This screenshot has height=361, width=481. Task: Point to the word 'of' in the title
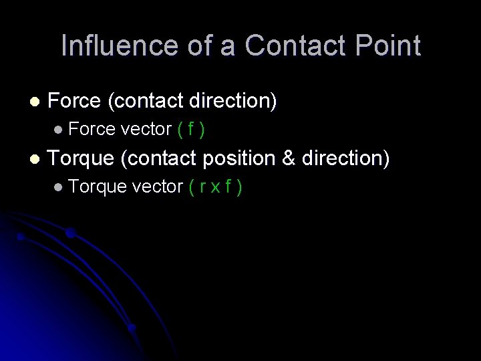tap(187, 45)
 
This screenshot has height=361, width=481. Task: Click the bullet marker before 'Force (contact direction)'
tap(35, 102)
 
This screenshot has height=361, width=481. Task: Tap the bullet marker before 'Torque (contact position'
tap(35, 159)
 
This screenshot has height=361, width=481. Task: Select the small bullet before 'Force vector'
tap(59, 130)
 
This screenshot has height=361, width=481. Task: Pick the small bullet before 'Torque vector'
tap(59, 187)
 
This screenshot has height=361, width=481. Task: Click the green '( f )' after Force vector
tap(191, 130)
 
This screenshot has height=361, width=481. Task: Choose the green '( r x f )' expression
tap(214, 187)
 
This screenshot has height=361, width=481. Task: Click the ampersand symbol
tap(289, 158)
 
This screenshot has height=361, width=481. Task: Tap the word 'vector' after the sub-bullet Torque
tap(158, 187)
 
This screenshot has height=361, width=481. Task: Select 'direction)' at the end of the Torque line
tap(345, 158)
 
